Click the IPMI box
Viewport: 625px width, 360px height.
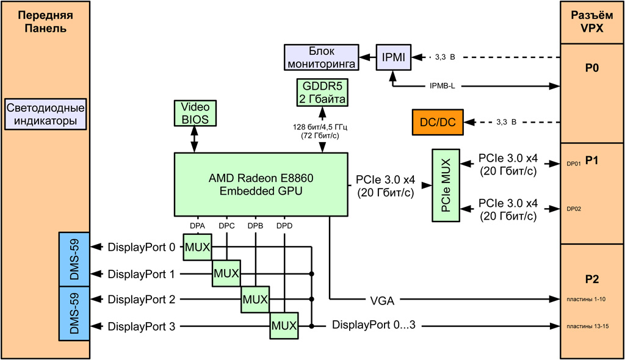[x=393, y=57]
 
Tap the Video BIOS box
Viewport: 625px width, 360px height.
[x=195, y=113]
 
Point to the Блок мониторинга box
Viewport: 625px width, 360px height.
[x=321, y=57]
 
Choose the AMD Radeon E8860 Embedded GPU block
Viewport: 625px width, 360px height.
[x=261, y=184]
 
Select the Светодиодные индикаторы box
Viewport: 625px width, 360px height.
[x=45, y=115]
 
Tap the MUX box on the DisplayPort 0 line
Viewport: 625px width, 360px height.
[x=197, y=248]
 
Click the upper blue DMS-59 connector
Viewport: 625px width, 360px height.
[x=74, y=261]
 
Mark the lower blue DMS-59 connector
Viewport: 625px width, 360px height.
[x=74, y=313]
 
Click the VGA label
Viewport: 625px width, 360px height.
[x=382, y=300]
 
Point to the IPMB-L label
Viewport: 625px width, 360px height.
[x=442, y=86]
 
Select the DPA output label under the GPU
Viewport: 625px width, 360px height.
[x=197, y=226]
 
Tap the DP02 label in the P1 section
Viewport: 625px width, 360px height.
[x=574, y=209]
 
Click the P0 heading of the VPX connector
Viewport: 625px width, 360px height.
[x=591, y=68]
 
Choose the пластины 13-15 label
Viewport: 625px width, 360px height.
[x=587, y=326]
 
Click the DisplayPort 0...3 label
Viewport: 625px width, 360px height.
[x=374, y=325]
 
